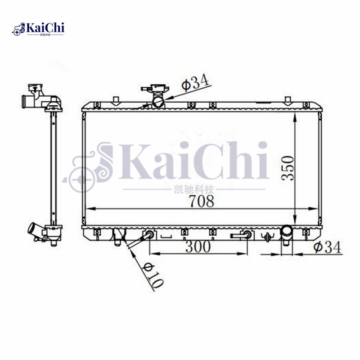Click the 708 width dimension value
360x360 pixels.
pyautogui.click(x=201, y=201)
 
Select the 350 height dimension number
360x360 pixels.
pyautogui.click(x=288, y=168)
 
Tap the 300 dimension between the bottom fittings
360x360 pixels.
pyautogui.click(x=197, y=247)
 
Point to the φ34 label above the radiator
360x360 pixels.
pyautogui.click(x=195, y=83)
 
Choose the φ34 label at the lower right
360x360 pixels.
pyautogui.click(x=328, y=247)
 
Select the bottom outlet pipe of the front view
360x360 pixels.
pyautogui.click(x=287, y=234)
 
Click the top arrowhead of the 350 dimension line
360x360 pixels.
pyautogui.click(x=295, y=115)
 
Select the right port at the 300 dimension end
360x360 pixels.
pyautogui.click(x=247, y=234)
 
